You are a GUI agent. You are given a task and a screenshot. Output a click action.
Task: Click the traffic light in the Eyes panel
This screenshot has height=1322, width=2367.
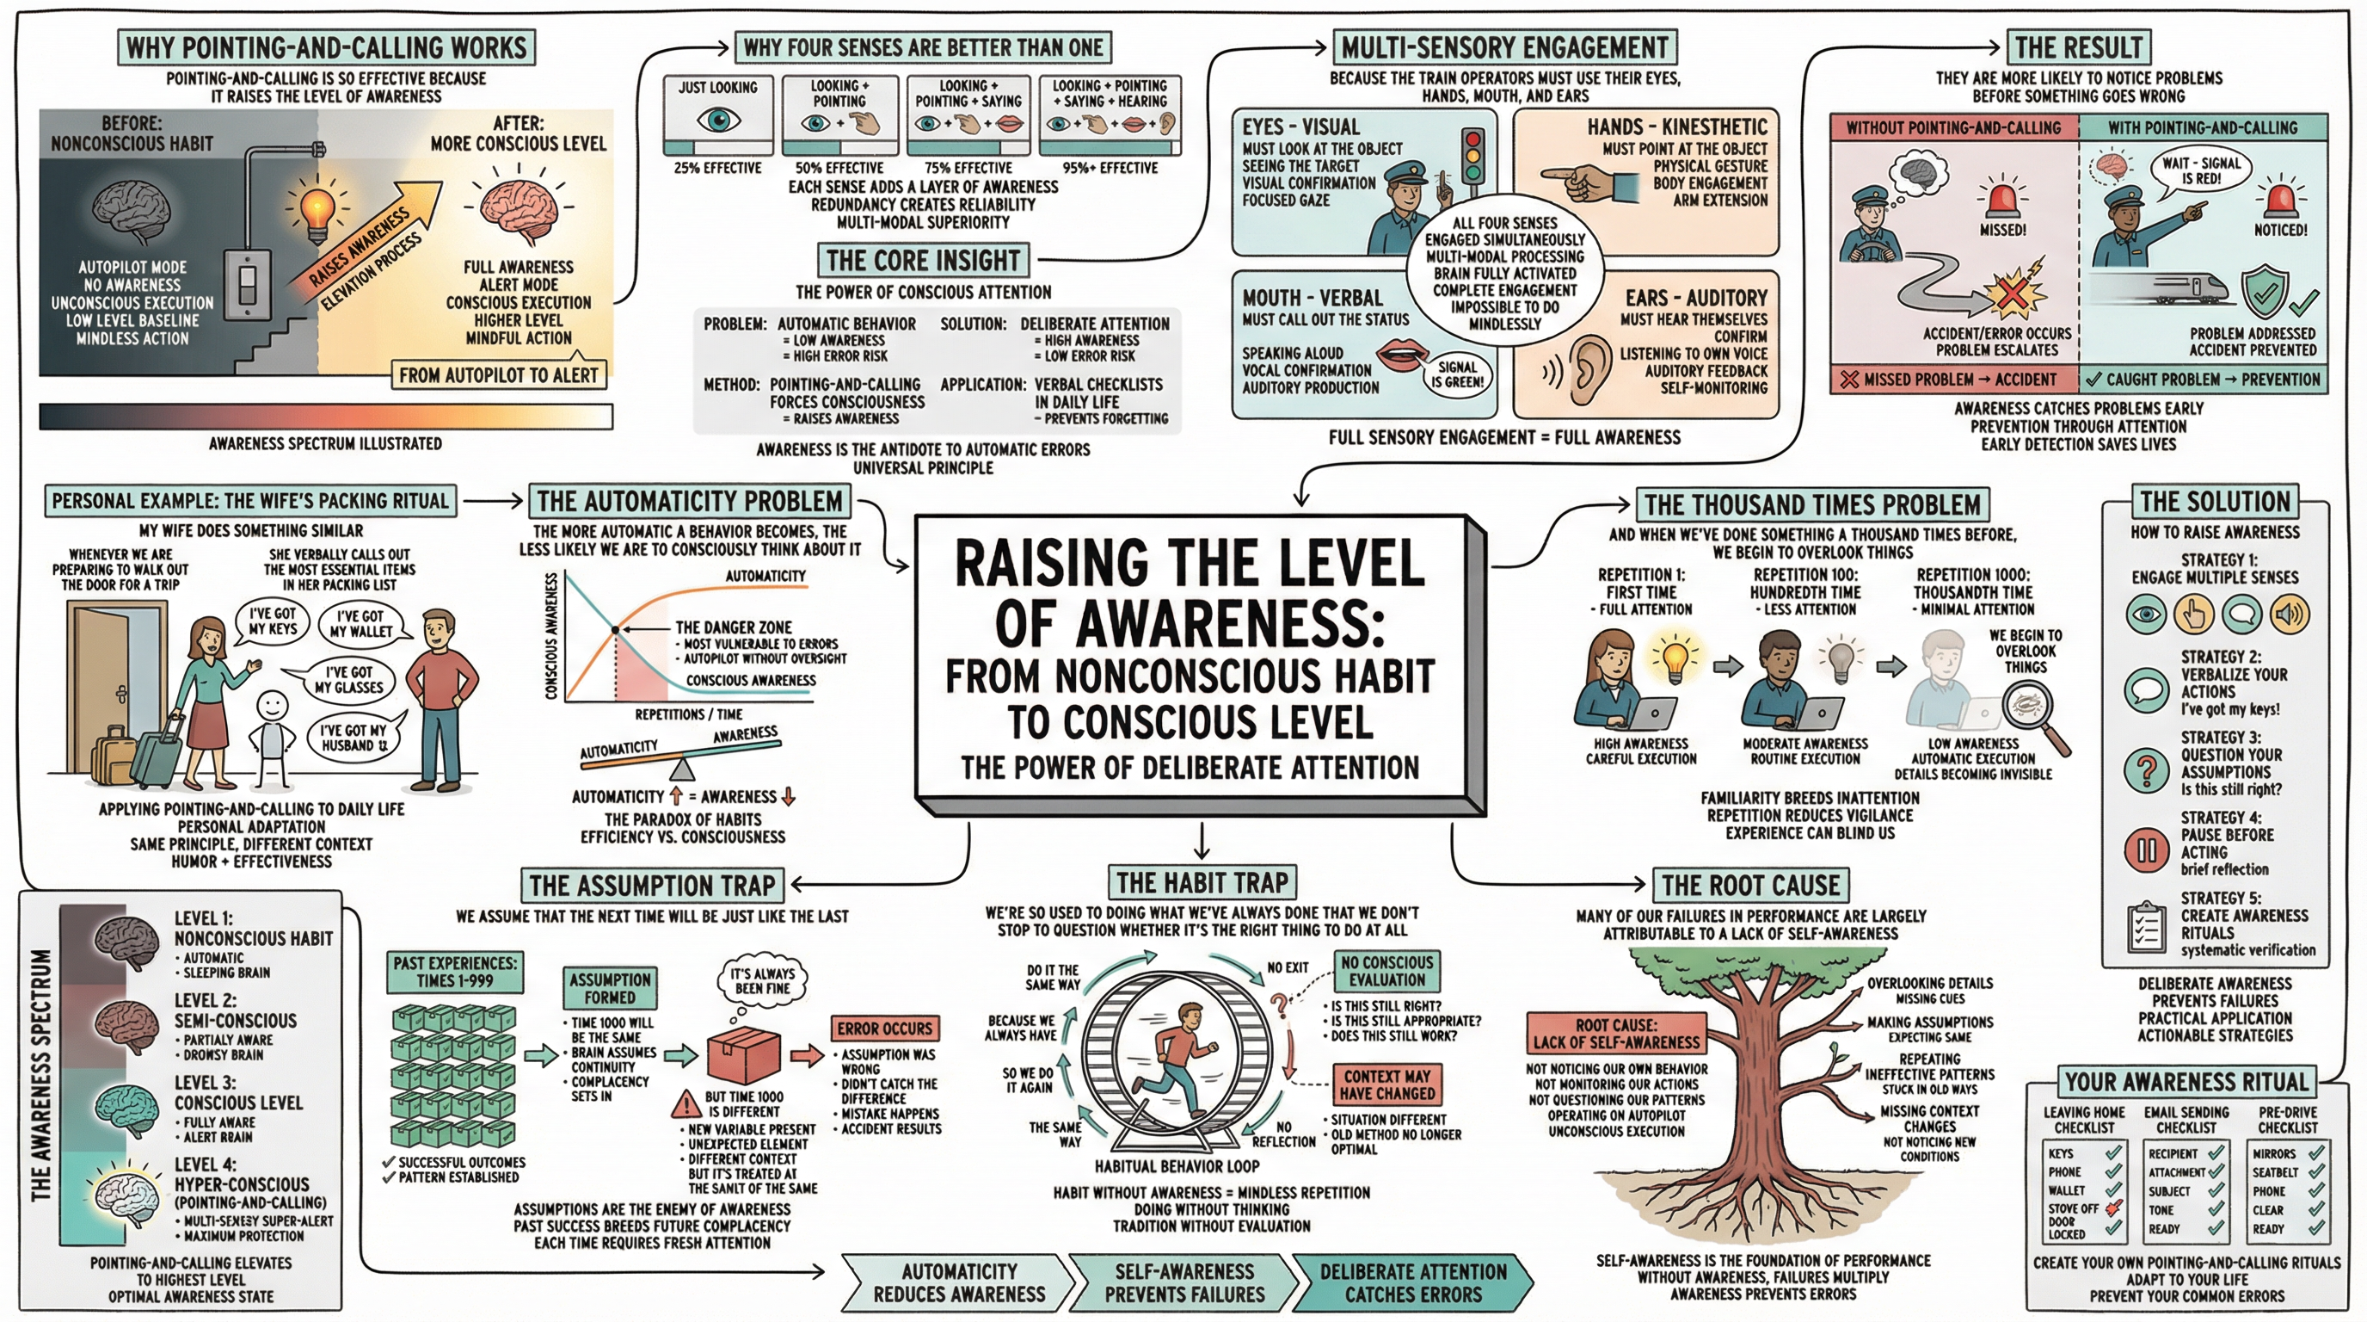(x=1474, y=158)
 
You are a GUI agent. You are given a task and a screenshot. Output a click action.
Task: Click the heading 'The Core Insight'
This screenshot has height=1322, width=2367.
(x=923, y=260)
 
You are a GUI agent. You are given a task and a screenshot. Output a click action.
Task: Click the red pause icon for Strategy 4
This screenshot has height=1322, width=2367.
(x=2147, y=850)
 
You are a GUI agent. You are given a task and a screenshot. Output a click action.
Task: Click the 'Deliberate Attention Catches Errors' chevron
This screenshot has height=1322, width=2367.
(x=1413, y=1282)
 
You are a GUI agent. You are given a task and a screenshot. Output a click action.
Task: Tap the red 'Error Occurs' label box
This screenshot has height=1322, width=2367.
(x=884, y=1028)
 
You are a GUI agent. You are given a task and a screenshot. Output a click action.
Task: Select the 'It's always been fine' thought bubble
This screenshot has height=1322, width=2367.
(x=762, y=981)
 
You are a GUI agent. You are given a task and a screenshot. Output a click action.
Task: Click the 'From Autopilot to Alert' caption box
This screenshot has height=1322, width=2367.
(x=499, y=375)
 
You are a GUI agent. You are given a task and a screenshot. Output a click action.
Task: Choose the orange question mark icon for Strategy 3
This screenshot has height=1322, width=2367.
(x=2147, y=770)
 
